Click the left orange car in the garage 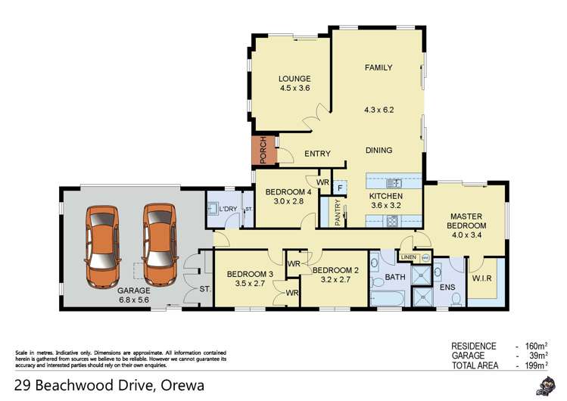(x=103, y=245)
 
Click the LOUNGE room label (x=294, y=79)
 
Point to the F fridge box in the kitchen (x=340, y=186)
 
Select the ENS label (x=448, y=288)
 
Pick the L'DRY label (x=229, y=210)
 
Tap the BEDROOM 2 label (x=335, y=270)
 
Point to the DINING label (x=379, y=150)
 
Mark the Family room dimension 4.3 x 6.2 (x=379, y=110)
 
